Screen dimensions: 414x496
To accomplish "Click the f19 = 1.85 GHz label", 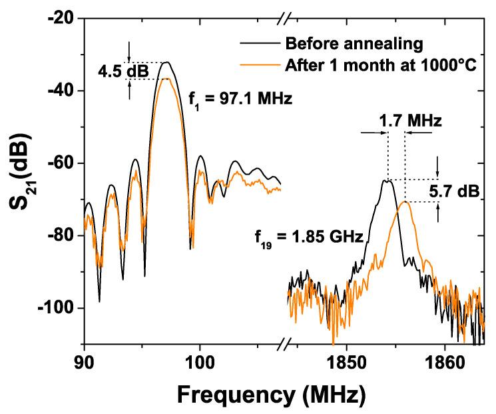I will (308, 237).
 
